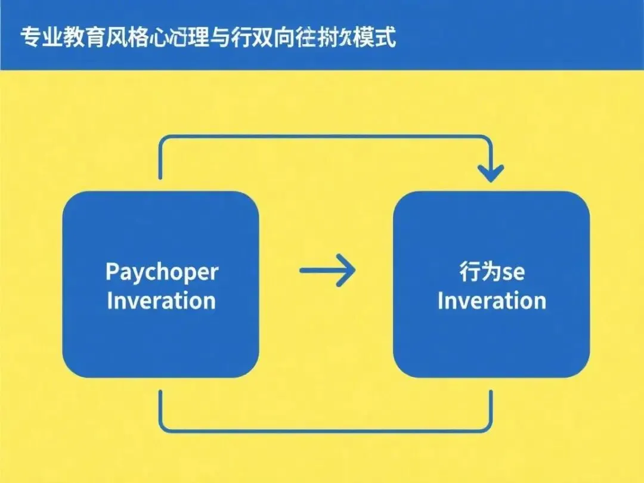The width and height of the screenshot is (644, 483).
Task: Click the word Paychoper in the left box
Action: tap(162, 272)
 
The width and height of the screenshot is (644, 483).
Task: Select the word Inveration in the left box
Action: tap(161, 301)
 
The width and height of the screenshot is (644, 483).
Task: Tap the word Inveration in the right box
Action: tap(491, 301)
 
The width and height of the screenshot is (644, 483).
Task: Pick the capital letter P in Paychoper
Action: tap(113, 272)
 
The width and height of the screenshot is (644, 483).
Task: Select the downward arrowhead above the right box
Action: tap(491, 173)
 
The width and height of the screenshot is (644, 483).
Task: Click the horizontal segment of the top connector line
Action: tap(325, 137)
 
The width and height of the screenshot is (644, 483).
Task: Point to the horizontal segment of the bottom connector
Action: tap(325, 430)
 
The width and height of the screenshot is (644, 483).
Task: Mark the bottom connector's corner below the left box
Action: tap(162, 428)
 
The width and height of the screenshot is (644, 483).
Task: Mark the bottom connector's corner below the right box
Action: tap(490, 428)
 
